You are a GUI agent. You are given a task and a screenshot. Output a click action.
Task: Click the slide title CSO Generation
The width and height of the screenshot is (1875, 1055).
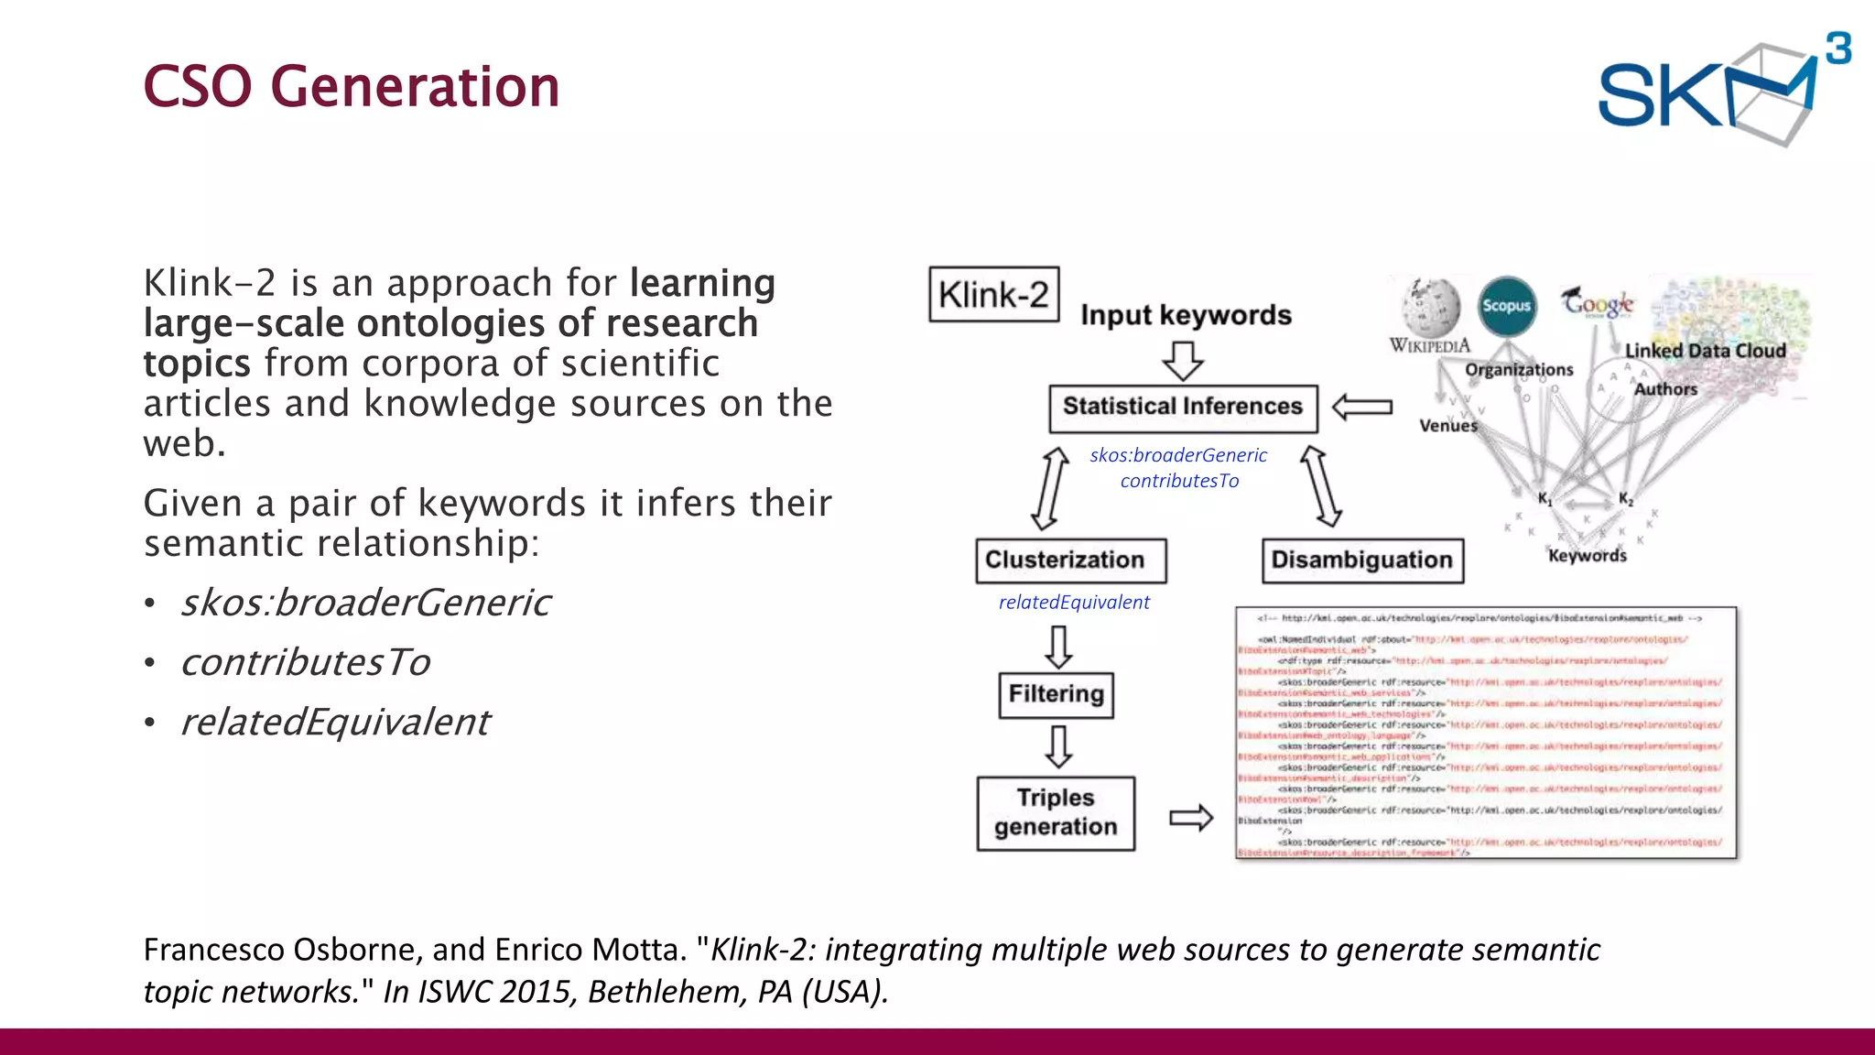351,87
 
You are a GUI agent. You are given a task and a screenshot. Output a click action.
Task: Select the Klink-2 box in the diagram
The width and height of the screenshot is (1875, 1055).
993,295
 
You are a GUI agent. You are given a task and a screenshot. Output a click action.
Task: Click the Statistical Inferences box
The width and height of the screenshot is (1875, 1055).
1182,408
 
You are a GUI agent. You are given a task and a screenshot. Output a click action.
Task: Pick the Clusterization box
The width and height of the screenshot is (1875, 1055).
1070,560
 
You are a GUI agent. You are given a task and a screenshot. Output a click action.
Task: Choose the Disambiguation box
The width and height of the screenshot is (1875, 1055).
1361,560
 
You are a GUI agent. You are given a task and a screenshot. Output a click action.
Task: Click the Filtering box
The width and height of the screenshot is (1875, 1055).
1056,694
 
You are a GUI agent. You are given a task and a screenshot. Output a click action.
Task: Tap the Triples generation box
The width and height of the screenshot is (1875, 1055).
1056,813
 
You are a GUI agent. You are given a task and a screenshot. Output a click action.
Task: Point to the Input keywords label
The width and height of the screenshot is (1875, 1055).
1186,315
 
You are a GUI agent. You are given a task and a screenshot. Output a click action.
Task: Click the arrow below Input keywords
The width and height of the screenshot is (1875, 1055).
1183,361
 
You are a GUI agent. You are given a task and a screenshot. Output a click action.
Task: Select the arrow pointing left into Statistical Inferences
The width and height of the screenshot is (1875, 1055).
1362,407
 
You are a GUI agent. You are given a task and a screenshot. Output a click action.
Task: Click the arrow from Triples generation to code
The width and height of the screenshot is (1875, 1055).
1191,817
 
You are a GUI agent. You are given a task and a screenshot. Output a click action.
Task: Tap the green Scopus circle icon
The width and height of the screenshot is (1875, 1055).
1506,306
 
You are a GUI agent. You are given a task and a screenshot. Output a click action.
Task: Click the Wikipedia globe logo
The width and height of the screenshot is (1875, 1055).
1431,309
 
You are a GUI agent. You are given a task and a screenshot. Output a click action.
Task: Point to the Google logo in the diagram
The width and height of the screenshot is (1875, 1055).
1598,302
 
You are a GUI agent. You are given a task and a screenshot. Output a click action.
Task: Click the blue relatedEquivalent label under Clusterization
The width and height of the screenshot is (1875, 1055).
1074,603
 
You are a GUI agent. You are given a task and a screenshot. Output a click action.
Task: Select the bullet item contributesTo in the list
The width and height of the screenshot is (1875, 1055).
305,662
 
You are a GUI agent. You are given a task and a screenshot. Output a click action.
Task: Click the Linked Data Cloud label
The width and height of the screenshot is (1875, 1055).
1705,351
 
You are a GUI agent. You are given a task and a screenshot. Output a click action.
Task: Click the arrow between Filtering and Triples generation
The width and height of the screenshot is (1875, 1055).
1058,746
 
